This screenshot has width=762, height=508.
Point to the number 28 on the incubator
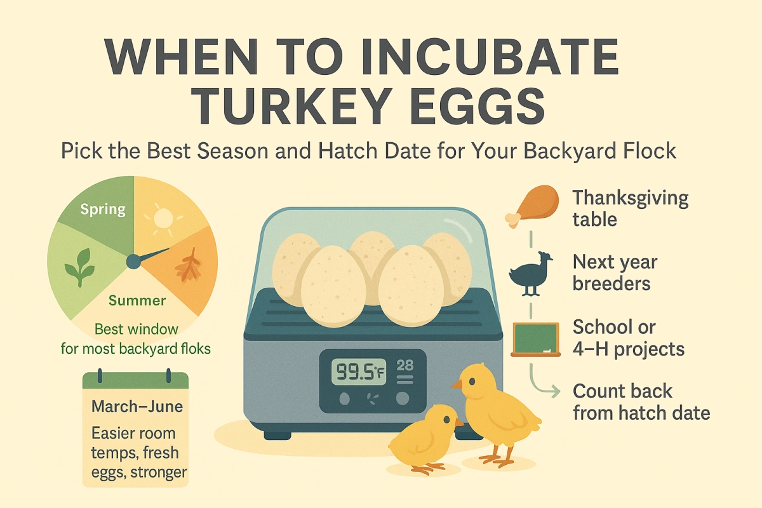(x=405, y=366)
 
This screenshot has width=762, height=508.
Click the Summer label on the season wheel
(x=137, y=300)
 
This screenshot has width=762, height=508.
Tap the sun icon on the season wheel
(x=163, y=219)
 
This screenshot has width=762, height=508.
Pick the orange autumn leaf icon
(x=188, y=267)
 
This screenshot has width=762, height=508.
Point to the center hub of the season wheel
(x=133, y=260)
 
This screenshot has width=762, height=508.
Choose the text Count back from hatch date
(x=641, y=402)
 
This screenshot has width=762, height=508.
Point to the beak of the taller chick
(x=457, y=385)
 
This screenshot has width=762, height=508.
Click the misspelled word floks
(x=193, y=349)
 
